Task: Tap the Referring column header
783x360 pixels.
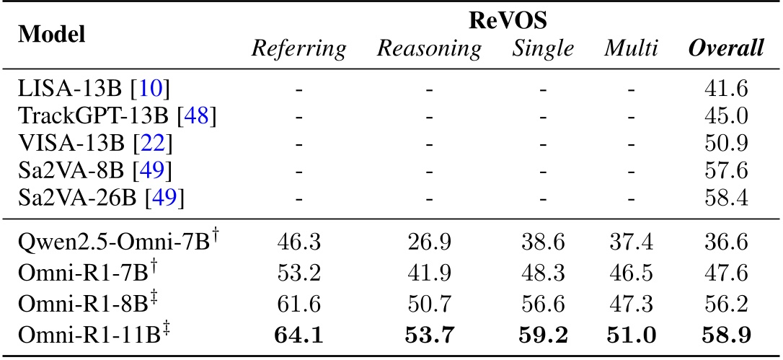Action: (x=298, y=49)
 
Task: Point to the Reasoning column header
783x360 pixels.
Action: (x=429, y=49)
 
